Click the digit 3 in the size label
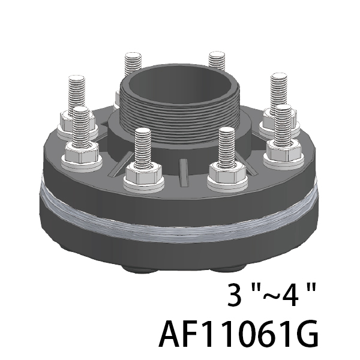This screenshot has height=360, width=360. point(235,295)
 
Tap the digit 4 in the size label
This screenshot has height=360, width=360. point(290,295)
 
